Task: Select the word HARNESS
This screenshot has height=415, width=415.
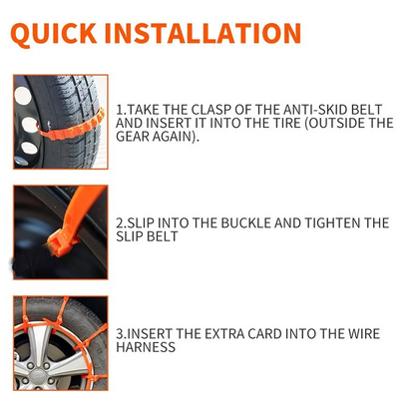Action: pos(147,347)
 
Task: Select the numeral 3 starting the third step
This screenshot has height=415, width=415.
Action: pos(120,332)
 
